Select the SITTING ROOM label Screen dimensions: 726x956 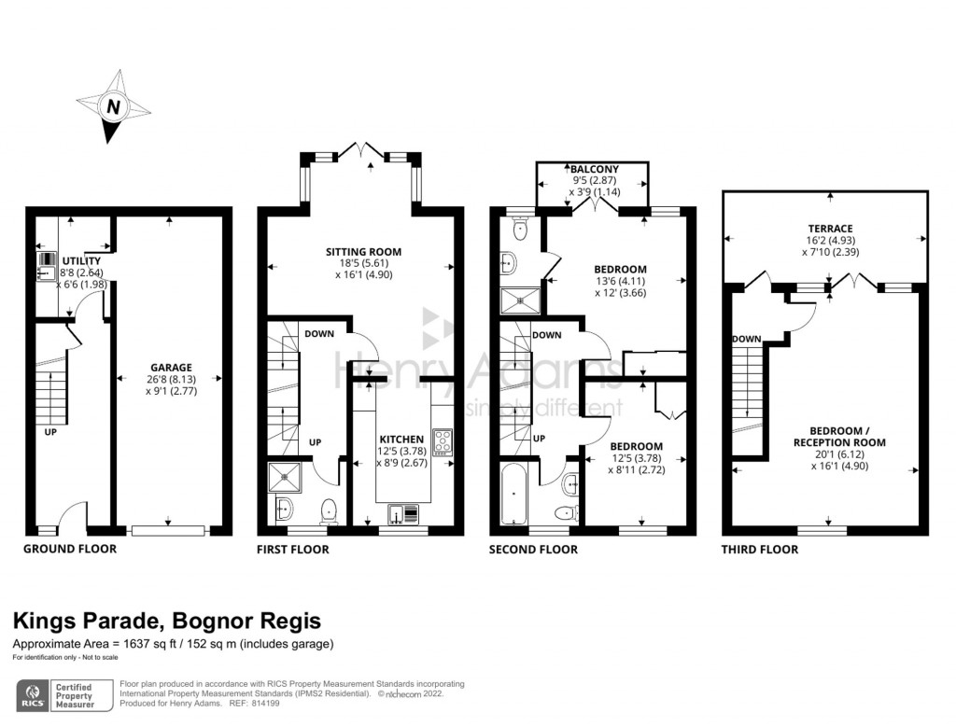[x=363, y=252]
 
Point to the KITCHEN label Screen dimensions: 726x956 [x=401, y=439]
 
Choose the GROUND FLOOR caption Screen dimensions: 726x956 [x=70, y=549]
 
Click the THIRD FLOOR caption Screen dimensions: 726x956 [x=759, y=550]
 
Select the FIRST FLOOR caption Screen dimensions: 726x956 [x=292, y=550]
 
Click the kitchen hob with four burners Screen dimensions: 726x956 [x=443, y=440]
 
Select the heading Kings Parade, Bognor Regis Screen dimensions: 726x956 [x=166, y=621]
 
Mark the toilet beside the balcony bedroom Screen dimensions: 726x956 [x=521, y=227]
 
